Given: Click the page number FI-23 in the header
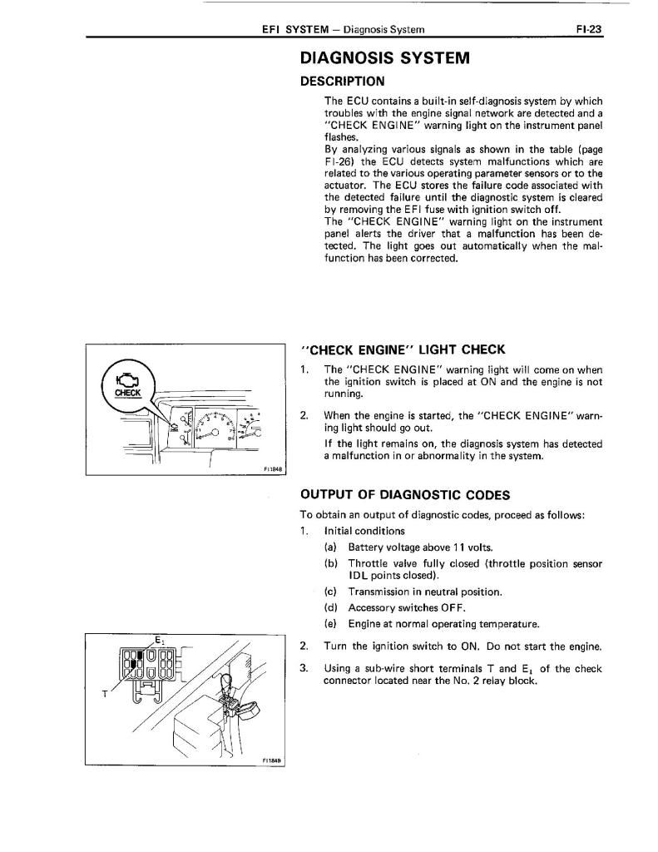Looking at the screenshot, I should click(x=588, y=29).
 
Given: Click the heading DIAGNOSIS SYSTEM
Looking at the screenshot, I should click(x=384, y=58).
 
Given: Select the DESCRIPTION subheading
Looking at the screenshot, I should click(x=342, y=82).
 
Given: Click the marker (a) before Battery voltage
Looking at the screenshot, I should click(x=331, y=547).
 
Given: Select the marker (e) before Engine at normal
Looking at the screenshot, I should click(x=331, y=623).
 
